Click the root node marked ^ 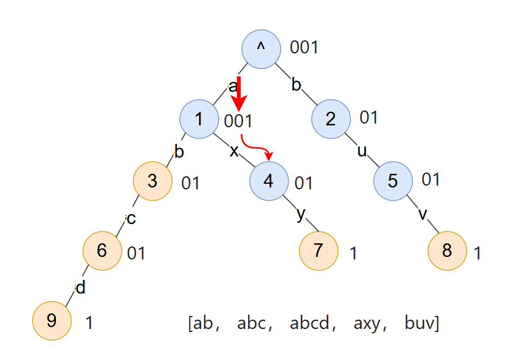pyautogui.click(x=261, y=48)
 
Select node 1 pyautogui.click(x=199, y=119)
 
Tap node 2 pyautogui.click(x=330, y=119)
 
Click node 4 pyautogui.click(x=269, y=181)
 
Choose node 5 pyautogui.click(x=393, y=181)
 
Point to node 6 pyautogui.click(x=102, y=251)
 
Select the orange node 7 pyautogui.click(x=318, y=251)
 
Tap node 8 pyautogui.click(x=447, y=251)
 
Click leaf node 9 pyautogui.click(x=52, y=321)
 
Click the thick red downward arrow pyautogui.click(x=239, y=93)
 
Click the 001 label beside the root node pyautogui.click(x=304, y=47)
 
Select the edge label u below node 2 pyautogui.click(x=362, y=150)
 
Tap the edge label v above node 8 pyautogui.click(x=423, y=214)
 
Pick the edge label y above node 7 pyautogui.click(x=301, y=214)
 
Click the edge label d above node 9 pyautogui.click(x=80, y=288)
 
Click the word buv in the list pyautogui.click(x=419, y=323)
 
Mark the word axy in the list pyautogui.click(x=367, y=324)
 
